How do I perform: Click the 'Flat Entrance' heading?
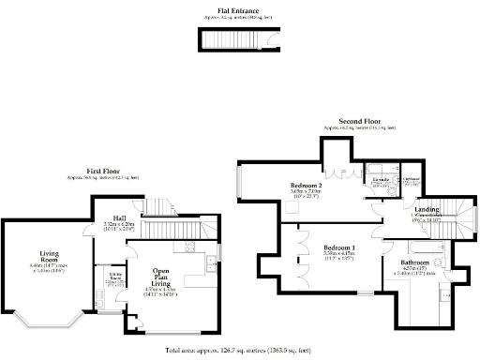[232, 10]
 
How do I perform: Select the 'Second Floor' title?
[358, 122]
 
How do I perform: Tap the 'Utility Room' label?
[115, 277]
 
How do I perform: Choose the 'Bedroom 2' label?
[306, 187]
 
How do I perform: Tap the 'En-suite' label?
[380, 177]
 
